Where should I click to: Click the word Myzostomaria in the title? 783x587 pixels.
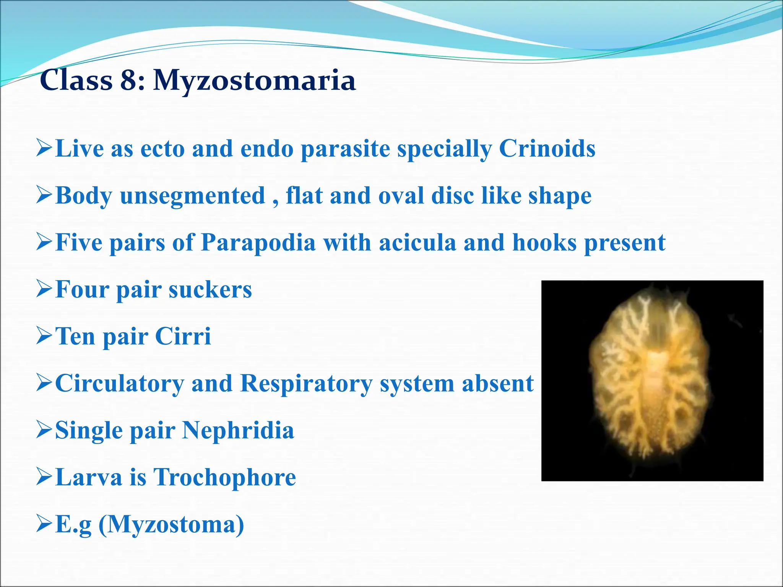click(254, 81)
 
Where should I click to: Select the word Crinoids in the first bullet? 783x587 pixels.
click(547, 148)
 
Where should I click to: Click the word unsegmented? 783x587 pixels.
click(192, 196)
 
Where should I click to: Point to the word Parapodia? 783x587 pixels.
click(258, 243)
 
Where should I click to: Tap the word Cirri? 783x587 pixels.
click(183, 336)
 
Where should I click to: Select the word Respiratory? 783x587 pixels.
click(306, 383)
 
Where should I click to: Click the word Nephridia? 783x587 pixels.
click(238, 430)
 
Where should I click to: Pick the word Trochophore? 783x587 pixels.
click(224, 477)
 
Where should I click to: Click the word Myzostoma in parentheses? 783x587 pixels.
click(171, 524)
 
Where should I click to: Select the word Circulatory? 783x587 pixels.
click(119, 383)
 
